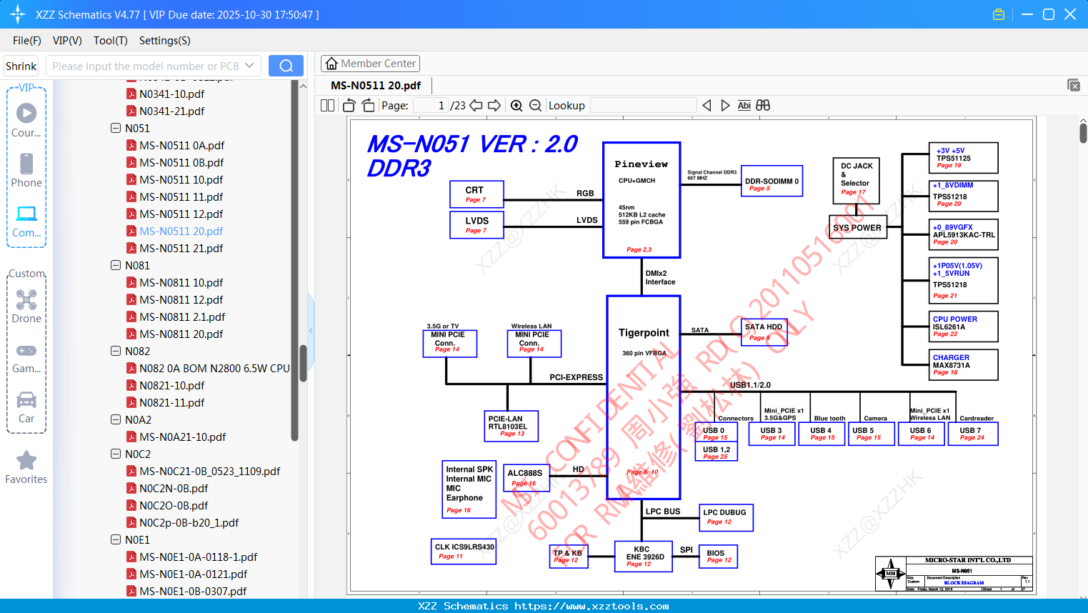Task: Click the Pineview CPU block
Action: coord(641,200)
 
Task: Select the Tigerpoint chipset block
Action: coord(643,397)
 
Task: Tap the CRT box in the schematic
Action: coord(476,194)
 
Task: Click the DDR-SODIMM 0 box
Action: coord(772,181)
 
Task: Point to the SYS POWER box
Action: coord(857,228)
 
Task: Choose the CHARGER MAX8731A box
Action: coord(964,364)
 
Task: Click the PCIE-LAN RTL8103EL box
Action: coord(511,426)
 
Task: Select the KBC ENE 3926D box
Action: coord(644,557)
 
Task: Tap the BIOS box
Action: coord(718,556)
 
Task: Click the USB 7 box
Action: coord(972,434)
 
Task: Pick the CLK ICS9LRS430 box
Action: coord(464,551)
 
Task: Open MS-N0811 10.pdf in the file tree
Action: coord(181,282)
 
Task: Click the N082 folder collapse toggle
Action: coord(116,351)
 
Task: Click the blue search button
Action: coord(286,66)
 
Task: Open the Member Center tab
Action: coord(370,64)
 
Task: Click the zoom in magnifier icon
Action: coord(516,106)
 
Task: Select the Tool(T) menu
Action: coord(110,41)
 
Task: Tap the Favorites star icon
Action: coord(26,461)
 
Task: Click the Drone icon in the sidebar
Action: coord(26,299)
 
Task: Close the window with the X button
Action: coord(1070,14)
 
